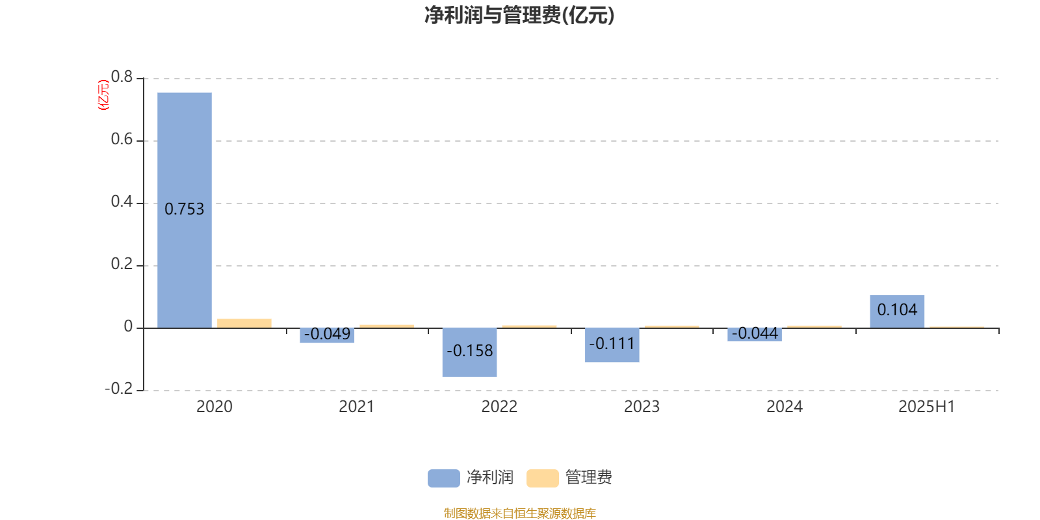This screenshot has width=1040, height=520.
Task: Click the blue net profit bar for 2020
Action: point(185,211)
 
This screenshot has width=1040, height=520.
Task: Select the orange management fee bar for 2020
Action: point(244,324)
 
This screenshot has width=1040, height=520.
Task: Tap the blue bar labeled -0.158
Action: point(469,352)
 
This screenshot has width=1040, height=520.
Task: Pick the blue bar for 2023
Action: point(612,345)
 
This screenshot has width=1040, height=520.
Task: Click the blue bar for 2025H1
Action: point(897,311)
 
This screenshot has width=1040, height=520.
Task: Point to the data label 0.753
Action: point(185,209)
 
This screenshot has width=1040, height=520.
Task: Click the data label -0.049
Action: point(328,334)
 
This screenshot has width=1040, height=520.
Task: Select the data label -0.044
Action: point(755,333)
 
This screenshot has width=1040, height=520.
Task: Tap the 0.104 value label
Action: point(897,309)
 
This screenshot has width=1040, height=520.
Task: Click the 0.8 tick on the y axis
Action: point(122,77)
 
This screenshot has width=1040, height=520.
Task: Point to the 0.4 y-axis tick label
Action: point(122,201)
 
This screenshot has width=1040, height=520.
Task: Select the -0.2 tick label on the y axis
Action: point(119,389)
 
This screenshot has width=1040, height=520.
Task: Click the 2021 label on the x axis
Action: point(357,407)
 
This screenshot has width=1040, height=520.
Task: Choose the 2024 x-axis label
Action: point(784,407)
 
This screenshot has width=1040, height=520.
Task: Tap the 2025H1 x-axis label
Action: point(927,407)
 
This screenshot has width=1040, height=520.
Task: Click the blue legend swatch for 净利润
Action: point(444,478)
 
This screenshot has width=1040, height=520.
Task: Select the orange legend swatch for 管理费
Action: point(542,478)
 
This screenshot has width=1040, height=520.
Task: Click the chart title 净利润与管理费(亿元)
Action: point(519,16)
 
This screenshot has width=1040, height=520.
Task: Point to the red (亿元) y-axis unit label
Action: point(103,95)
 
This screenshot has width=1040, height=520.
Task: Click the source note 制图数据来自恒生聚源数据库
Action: point(519,513)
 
